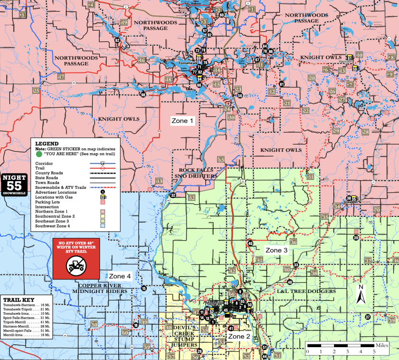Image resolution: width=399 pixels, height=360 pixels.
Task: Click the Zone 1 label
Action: tap(182, 121)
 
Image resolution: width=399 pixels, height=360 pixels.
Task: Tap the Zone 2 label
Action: tap(239, 336)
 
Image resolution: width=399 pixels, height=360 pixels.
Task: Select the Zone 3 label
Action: tap(276, 250)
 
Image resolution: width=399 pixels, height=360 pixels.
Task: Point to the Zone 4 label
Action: tap(120, 276)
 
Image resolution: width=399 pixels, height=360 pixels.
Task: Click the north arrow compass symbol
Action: tap(361, 294)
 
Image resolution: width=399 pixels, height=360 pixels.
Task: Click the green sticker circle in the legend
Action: tap(38, 155)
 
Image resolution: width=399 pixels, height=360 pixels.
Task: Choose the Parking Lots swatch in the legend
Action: tap(102, 202)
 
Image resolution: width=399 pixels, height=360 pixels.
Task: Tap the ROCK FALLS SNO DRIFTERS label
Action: tap(198, 173)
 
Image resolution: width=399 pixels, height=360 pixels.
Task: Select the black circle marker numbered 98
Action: tap(143, 95)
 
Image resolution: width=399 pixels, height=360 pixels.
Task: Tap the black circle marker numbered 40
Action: tap(250, 243)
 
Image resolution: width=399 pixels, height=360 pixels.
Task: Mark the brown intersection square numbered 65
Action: tap(221, 159)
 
